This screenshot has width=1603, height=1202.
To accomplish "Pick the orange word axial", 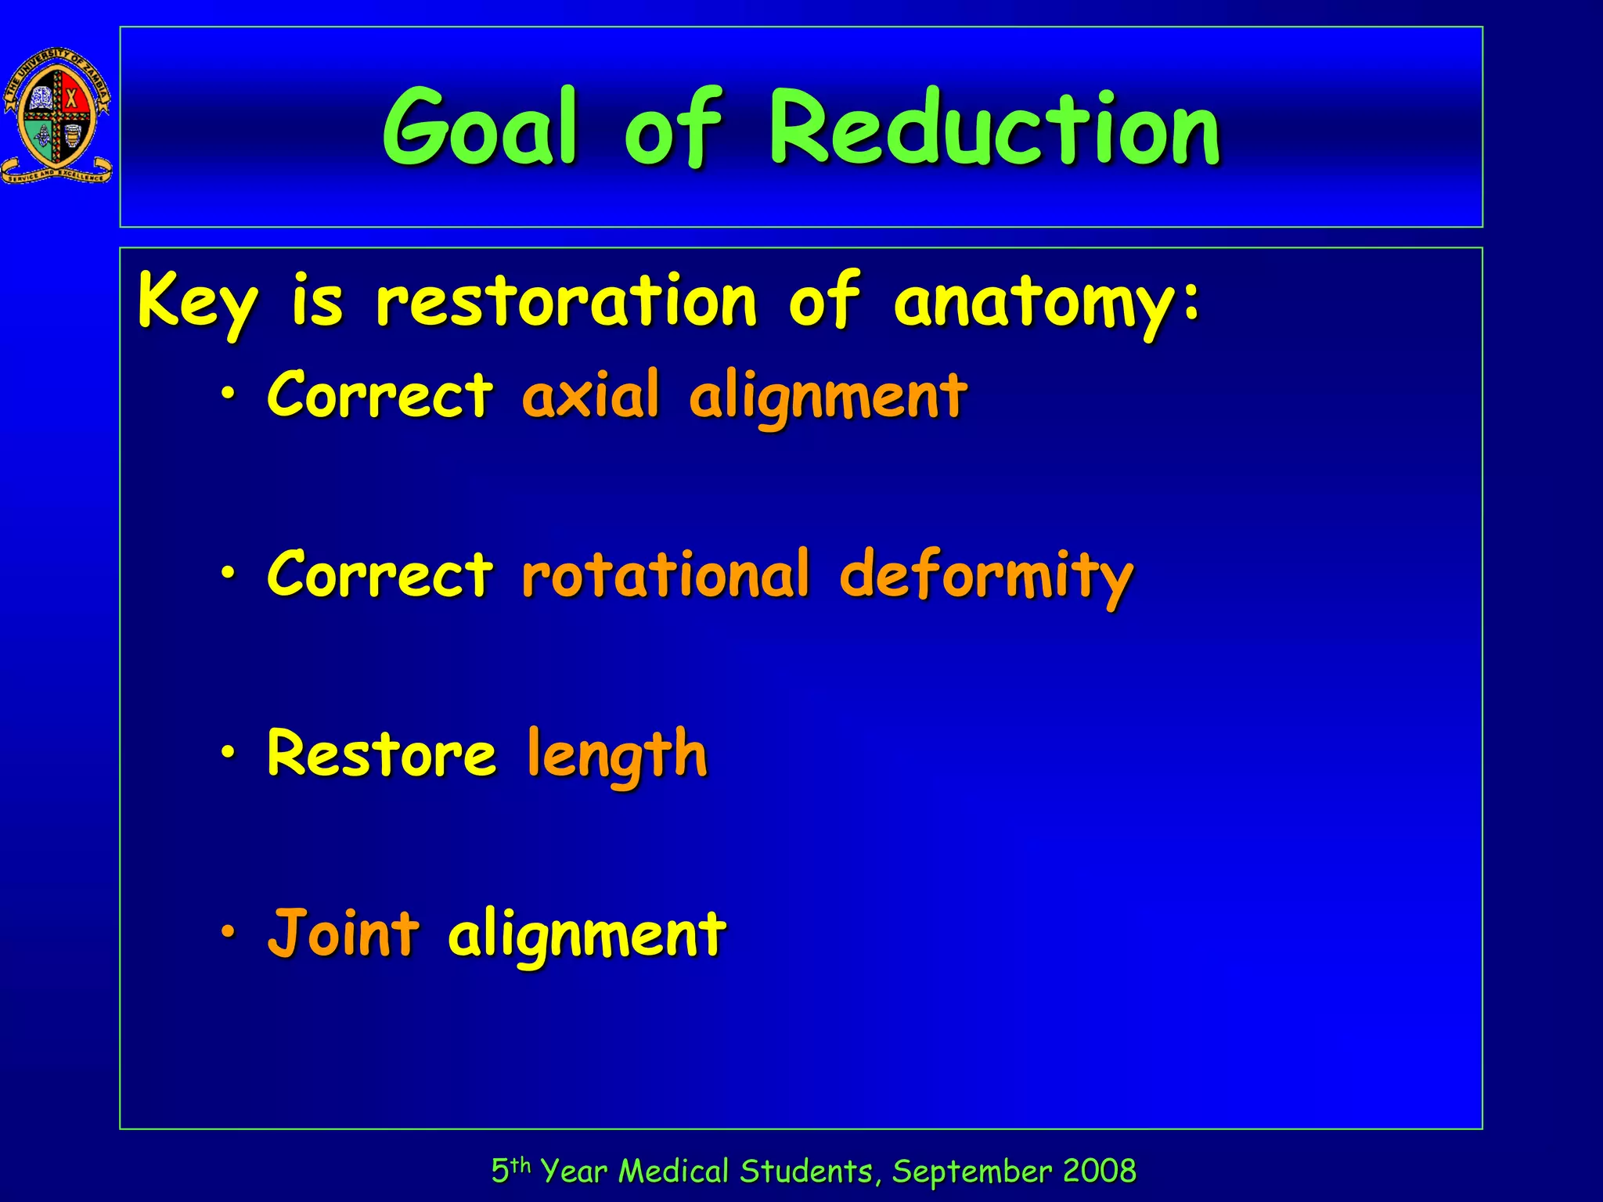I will (591, 395).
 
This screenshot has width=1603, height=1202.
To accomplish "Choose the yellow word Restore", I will (381, 753).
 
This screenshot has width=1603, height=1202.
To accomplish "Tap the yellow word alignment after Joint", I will (587, 936).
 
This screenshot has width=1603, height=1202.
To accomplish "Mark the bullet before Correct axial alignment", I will (228, 394).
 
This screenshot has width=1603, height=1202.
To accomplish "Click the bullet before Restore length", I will (228, 752).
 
